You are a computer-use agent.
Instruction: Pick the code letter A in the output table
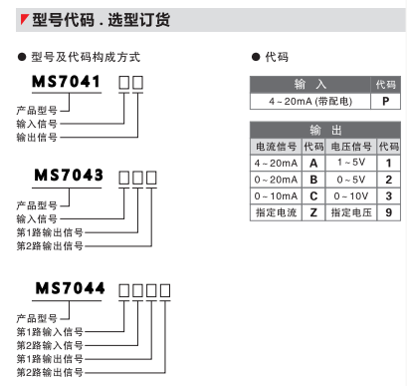(313, 163)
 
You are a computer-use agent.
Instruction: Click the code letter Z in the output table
(313, 212)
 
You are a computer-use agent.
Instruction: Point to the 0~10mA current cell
(276, 196)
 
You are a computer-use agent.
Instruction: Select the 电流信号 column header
(276, 147)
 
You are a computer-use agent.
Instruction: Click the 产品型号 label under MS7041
(38, 107)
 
